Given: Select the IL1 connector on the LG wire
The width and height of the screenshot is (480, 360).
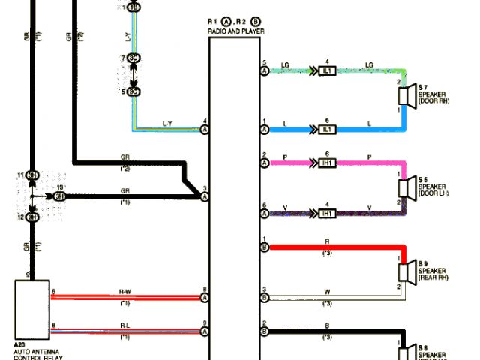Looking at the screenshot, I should click(x=327, y=70).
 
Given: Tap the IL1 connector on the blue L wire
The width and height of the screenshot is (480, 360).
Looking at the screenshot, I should click(x=327, y=130).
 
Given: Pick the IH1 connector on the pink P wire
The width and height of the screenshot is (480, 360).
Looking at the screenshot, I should click(x=327, y=162).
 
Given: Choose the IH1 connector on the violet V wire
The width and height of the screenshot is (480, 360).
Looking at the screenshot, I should click(x=327, y=214).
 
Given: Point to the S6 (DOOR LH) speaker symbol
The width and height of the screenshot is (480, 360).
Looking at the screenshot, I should click(x=406, y=187).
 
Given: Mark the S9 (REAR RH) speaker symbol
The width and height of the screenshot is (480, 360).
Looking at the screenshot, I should click(x=406, y=271).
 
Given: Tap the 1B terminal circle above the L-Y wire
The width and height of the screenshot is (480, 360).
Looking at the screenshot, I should click(x=133, y=7).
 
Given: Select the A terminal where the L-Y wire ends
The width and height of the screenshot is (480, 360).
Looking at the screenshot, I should click(x=205, y=130).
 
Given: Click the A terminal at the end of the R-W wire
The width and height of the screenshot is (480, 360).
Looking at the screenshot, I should click(x=205, y=297).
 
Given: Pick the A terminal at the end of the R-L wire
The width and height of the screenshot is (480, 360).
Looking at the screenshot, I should click(x=205, y=330).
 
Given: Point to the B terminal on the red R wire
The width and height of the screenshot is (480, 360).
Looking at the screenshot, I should click(x=265, y=246).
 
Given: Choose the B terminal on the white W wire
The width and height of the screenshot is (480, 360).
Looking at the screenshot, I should click(x=265, y=297).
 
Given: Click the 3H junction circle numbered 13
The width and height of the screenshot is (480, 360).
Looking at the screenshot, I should click(x=58, y=196).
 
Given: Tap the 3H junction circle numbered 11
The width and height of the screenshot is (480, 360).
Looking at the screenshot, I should click(x=32, y=175).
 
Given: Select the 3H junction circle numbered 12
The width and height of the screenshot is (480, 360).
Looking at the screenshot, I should click(x=32, y=217).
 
